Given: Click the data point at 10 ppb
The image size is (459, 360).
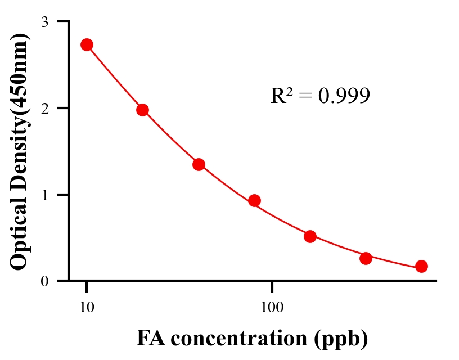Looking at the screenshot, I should pyautogui.click(x=87, y=45).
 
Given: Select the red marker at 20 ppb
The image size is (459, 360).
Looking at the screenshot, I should pyautogui.click(x=142, y=110).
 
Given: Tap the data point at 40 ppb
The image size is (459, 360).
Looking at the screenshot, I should pyautogui.click(x=199, y=164).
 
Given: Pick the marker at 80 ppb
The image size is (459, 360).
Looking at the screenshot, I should pyautogui.click(x=254, y=200).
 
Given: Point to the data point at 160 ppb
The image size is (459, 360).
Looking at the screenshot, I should pyautogui.click(x=310, y=236).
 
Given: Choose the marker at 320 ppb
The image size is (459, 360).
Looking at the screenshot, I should pyautogui.click(x=366, y=258).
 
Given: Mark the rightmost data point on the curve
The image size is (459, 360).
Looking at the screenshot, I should pyautogui.click(x=421, y=266).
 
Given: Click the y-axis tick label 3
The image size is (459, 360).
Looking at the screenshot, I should pyautogui.click(x=44, y=22).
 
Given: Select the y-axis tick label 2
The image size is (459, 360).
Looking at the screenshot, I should pyautogui.click(x=44, y=108).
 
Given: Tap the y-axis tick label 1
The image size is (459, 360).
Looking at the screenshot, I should pyautogui.click(x=44, y=195).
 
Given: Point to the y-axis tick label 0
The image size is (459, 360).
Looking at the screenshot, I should pyautogui.click(x=44, y=281).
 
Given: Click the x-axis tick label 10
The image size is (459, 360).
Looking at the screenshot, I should pyautogui.click(x=87, y=308).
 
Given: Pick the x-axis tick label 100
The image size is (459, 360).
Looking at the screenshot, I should pyautogui.click(x=272, y=308).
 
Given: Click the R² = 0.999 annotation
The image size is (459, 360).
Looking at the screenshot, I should pyautogui.click(x=320, y=96).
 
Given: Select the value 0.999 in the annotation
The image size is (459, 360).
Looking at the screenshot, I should pyautogui.click(x=344, y=96).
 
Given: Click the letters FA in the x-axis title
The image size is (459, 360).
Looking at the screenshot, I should pyautogui.click(x=148, y=339).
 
